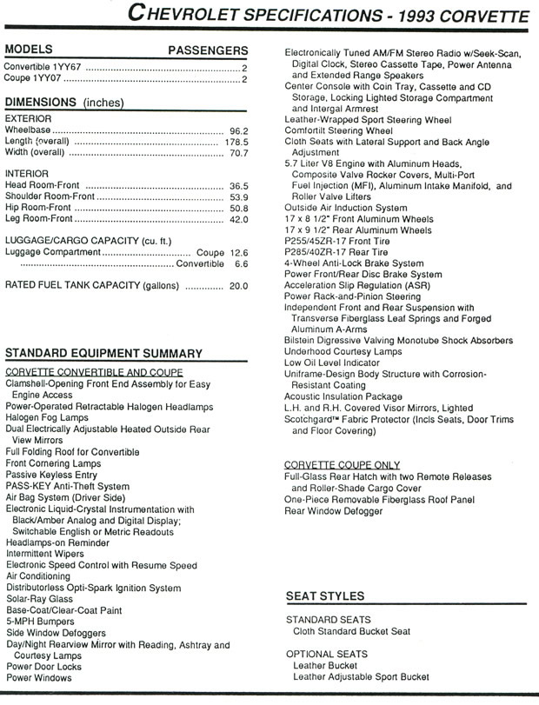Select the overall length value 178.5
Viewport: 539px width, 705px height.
pos(236,142)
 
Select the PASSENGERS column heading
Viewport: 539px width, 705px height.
pos(207,50)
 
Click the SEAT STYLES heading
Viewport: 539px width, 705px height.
pos(325,596)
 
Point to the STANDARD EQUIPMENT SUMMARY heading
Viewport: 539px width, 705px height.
pos(103,353)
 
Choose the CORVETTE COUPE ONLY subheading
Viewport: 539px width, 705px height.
pos(343,465)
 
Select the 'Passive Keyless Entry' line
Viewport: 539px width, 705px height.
pos(51,476)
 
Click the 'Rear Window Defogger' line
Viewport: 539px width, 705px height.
pos(333,511)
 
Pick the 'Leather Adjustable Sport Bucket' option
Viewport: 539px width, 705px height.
pos(361,676)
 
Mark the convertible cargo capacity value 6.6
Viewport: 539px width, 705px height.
pos(242,263)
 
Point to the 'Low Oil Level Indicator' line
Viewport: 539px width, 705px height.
pos(331,362)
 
